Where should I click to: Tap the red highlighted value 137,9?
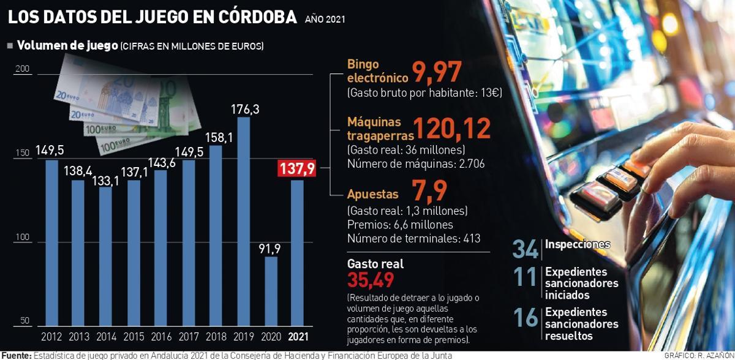pyautogui.click(x=297, y=169)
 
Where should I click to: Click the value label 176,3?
pyautogui.click(x=243, y=109)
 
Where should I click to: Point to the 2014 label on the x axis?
pyautogui.click(x=106, y=337)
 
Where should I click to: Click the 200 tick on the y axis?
pyautogui.click(x=23, y=70)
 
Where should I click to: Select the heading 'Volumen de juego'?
pyautogui.click(x=67, y=46)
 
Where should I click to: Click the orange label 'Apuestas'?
pyautogui.click(x=372, y=194)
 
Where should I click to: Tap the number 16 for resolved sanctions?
pyautogui.click(x=526, y=317)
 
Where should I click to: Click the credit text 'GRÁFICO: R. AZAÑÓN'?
pyautogui.click(x=698, y=355)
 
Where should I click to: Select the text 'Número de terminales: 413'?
pyautogui.click(x=413, y=239)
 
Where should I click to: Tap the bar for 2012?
pyautogui.click(x=51, y=242)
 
